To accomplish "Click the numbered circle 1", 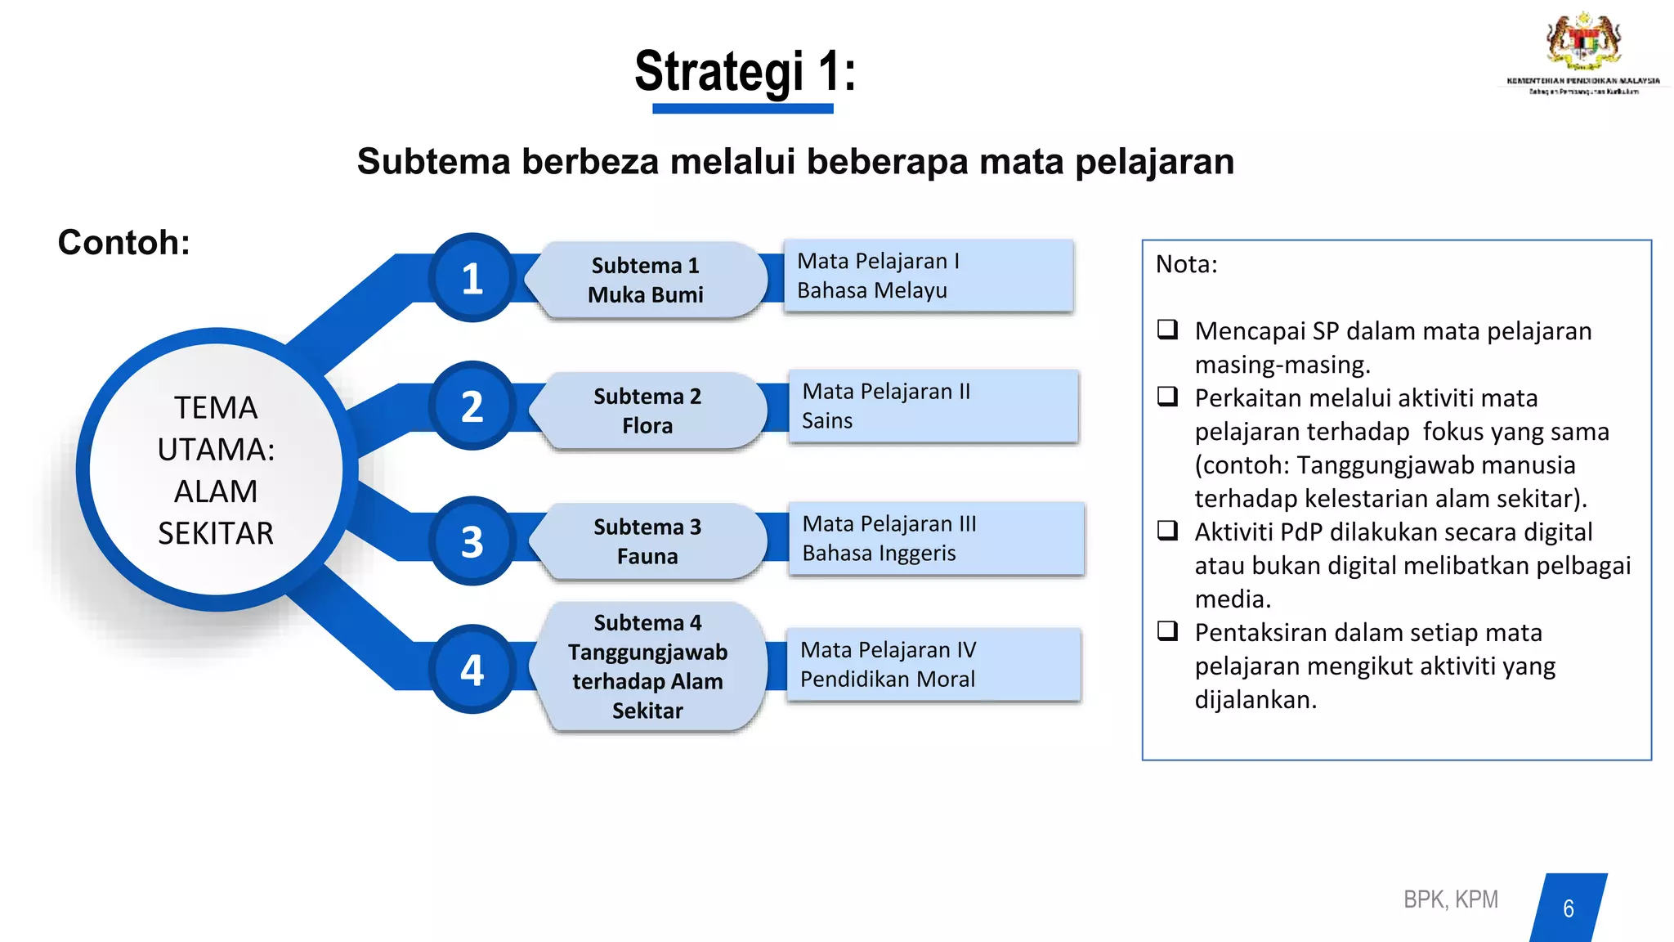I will (x=472, y=278).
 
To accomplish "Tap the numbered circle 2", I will (x=472, y=406).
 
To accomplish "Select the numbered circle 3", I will (x=472, y=541).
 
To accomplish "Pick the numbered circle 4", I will (x=472, y=670).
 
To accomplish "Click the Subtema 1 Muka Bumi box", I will (x=646, y=280).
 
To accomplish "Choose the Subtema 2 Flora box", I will (x=647, y=410).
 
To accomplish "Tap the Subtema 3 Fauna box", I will (x=647, y=541).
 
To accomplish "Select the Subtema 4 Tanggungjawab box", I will (x=647, y=666).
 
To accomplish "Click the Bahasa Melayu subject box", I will (x=928, y=276).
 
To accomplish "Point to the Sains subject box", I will (x=933, y=406).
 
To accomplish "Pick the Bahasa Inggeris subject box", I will (x=936, y=538).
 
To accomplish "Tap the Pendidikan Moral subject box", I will (x=933, y=664).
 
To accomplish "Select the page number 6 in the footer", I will (x=1568, y=908).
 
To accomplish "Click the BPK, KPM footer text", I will (x=1450, y=899).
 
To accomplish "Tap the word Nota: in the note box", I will (x=1186, y=264).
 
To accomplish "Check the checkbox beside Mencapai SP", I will (x=1167, y=330).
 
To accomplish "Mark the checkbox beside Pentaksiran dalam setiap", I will (x=1167, y=631).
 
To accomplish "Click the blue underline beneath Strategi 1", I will (x=742, y=108).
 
